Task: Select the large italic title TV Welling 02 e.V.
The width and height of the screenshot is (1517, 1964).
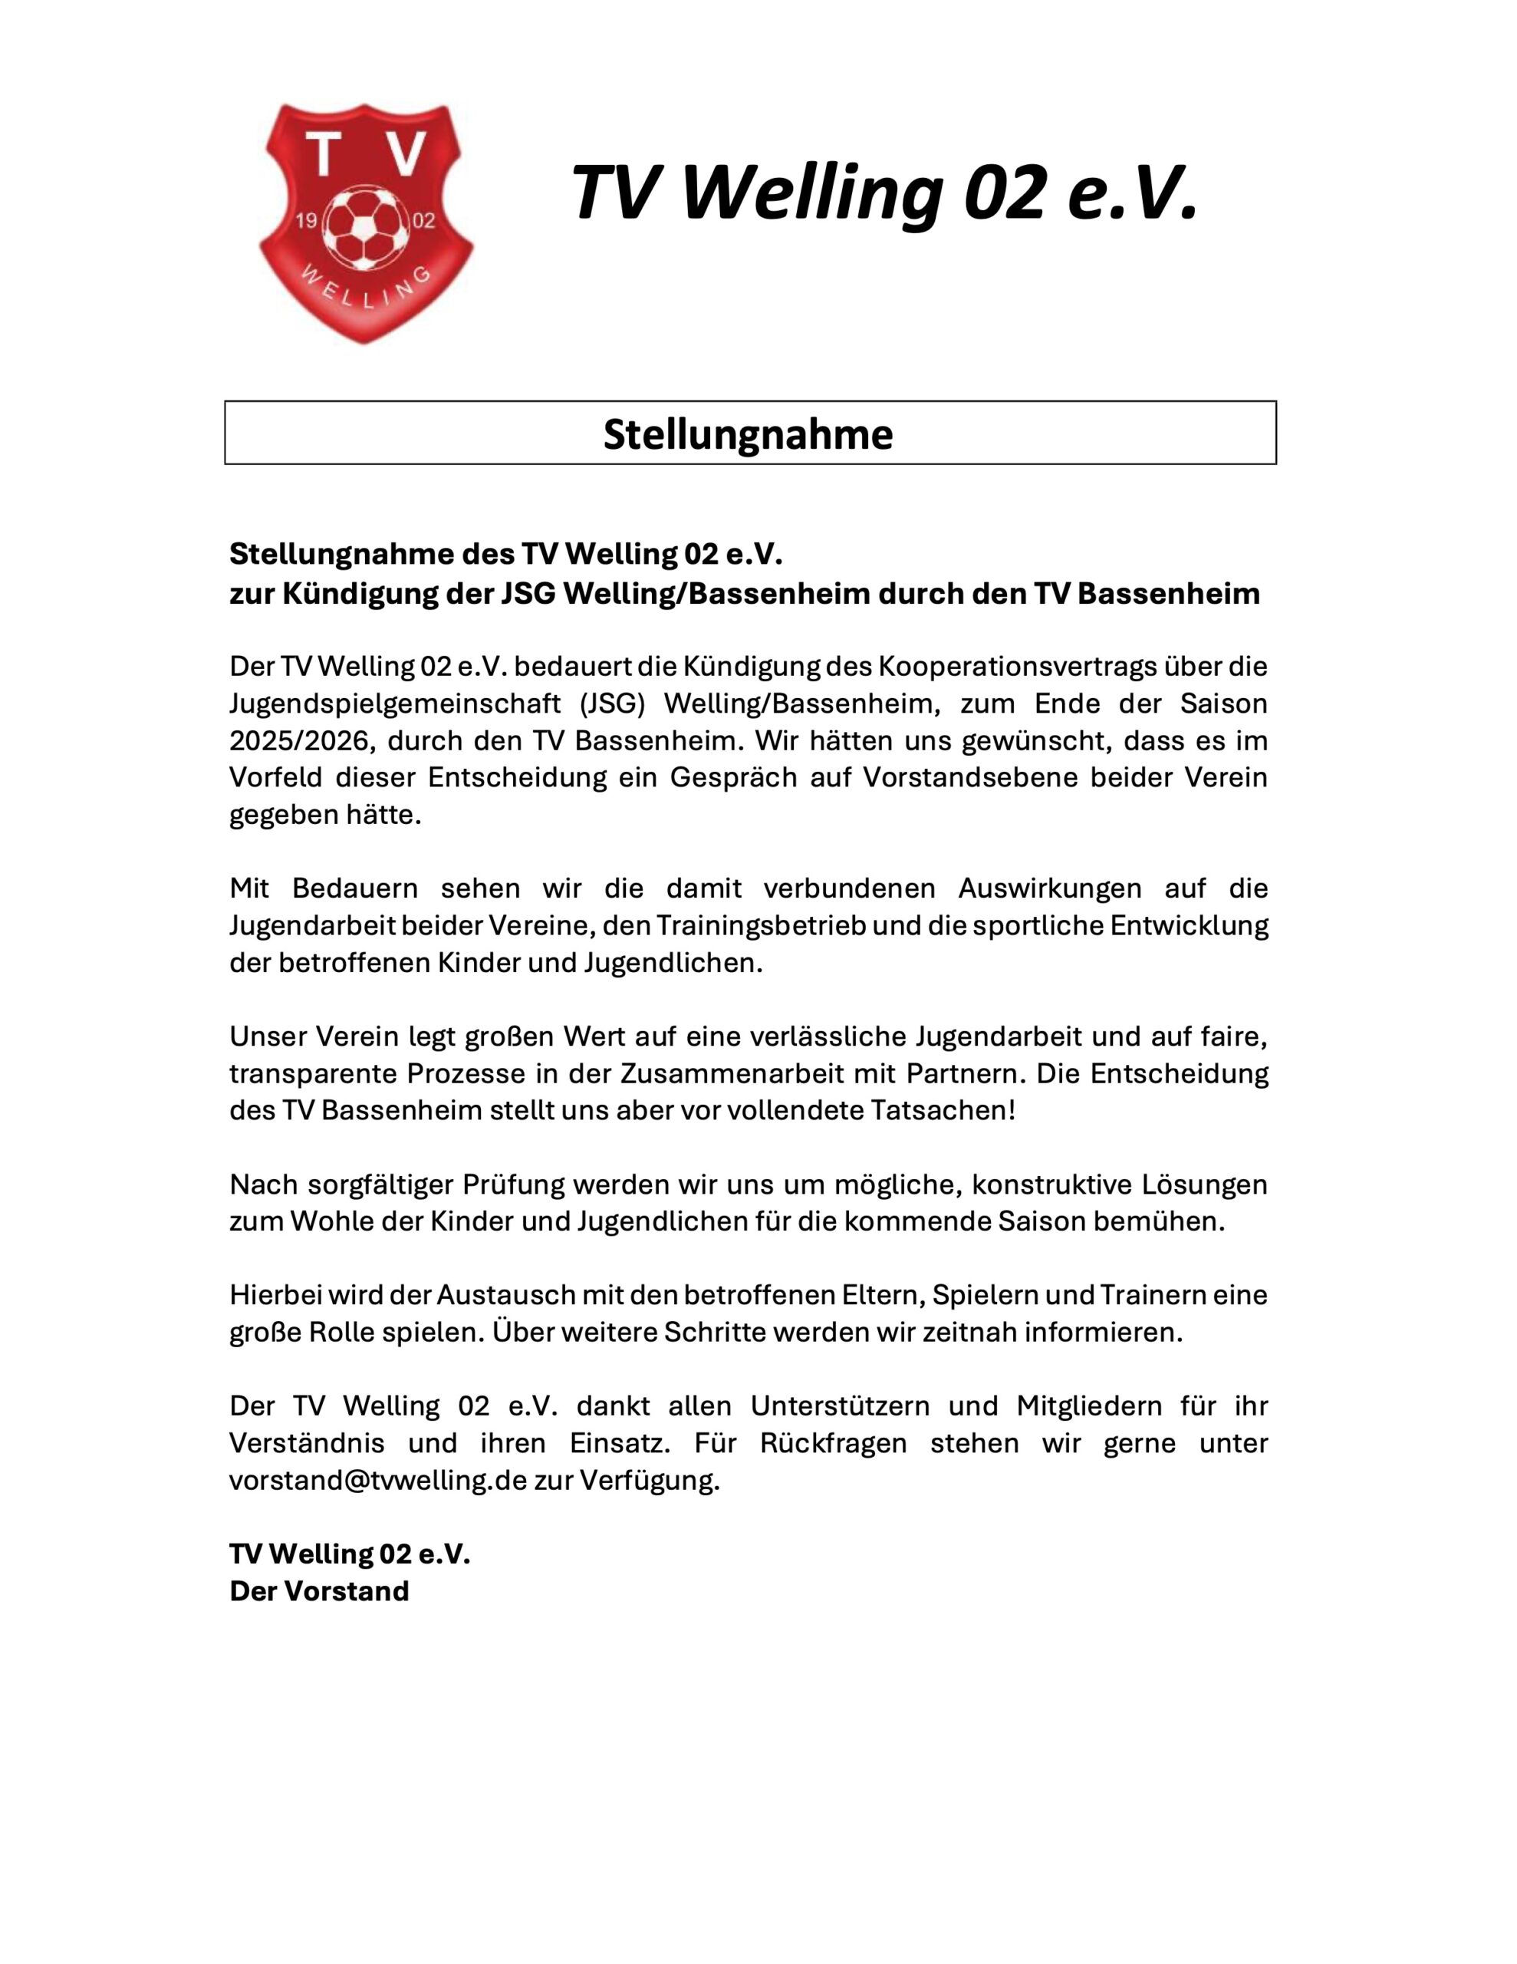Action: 885,193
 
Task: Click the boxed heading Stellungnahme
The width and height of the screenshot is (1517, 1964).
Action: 749,433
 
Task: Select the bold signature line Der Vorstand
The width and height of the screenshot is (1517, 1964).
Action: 319,1591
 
